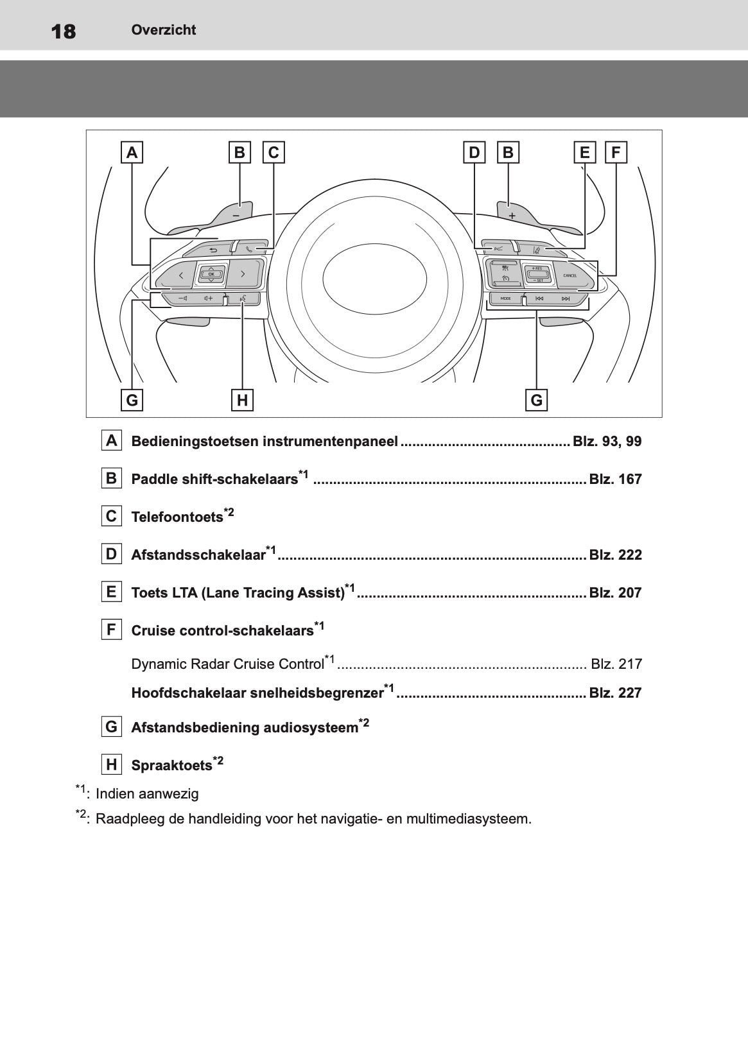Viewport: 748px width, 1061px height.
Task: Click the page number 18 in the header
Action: pyautogui.click(x=64, y=31)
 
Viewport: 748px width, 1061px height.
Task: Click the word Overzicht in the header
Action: pyautogui.click(x=163, y=30)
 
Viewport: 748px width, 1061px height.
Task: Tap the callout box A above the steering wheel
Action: pyautogui.click(x=132, y=153)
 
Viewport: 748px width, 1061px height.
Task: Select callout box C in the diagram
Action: pyautogui.click(x=274, y=153)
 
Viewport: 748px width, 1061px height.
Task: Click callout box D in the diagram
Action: pyautogui.click(x=474, y=153)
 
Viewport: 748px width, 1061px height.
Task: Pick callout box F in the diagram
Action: pyautogui.click(x=616, y=153)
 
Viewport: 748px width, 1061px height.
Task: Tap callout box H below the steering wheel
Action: pyautogui.click(x=242, y=400)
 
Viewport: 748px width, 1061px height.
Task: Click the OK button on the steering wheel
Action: pyautogui.click(x=211, y=274)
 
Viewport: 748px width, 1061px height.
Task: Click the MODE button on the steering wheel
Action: pyautogui.click(x=505, y=298)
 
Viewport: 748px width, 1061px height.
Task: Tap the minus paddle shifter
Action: pyautogui.click(x=235, y=213)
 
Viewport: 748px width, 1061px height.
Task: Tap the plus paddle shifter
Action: pyautogui.click(x=512, y=213)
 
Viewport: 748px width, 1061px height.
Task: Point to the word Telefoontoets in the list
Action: pyautogui.click(x=177, y=517)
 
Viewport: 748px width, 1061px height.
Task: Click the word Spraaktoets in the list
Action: pyautogui.click(x=171, y=766)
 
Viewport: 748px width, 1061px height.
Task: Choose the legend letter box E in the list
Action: pyautogui.click(x=112, y=592)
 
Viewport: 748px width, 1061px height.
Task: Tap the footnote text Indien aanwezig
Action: pyautogui.click(x=147, y=794)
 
